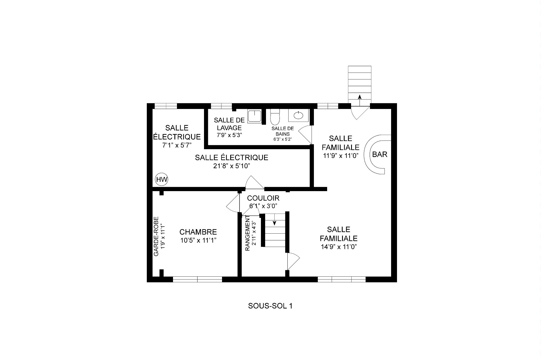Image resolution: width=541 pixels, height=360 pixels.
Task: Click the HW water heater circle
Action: click(x=162, y=179)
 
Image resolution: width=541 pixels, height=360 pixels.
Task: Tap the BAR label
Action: click(x=380, y=155)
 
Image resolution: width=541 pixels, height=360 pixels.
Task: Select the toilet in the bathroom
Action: click(x=275, y=117)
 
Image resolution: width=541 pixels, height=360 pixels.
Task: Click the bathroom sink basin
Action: click(x=298, y=115)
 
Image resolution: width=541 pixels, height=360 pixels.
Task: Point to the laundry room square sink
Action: click(x=255, y=116)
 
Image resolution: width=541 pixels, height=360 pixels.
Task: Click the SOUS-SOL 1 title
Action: click(x=270, y=306)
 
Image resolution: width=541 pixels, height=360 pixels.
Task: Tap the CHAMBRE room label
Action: click(x=198, y=232)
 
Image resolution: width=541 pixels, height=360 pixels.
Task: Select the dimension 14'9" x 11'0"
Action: click(x=338, y=247)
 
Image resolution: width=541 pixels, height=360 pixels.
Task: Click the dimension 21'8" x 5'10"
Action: click(x=232, y=166)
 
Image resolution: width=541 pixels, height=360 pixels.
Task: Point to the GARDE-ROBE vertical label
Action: click(x=156, y=236)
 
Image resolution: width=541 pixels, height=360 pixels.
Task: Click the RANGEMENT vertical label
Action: click(x=247, y=233)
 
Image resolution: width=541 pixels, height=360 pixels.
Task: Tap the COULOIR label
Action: click(x=263, y=198)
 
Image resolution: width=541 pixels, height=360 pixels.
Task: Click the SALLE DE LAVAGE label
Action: click(x=229, y=124)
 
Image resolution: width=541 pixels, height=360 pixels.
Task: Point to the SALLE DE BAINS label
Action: click(x=283, y=131)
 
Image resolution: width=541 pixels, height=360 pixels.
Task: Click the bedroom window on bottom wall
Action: click(x=198, y=279)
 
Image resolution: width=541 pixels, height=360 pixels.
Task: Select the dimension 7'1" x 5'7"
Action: click(x=177, y=145)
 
